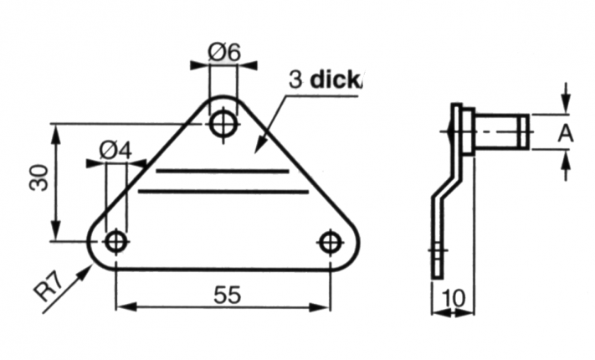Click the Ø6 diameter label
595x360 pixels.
[x=223, y=52]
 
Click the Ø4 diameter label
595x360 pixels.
[x=115, y=150]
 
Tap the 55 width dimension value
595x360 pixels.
[x=226, y=295]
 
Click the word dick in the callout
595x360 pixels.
[x=336, y=80]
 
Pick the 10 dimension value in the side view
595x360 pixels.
[x=452, y=298]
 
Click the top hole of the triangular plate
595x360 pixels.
[x=223, y=123]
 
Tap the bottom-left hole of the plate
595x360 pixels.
[x=116, y=242]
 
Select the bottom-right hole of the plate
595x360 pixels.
[x=331, y=243]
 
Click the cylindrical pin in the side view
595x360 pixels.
[x=500, y=132]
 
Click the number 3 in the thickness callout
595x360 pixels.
[x=295, y=80]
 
